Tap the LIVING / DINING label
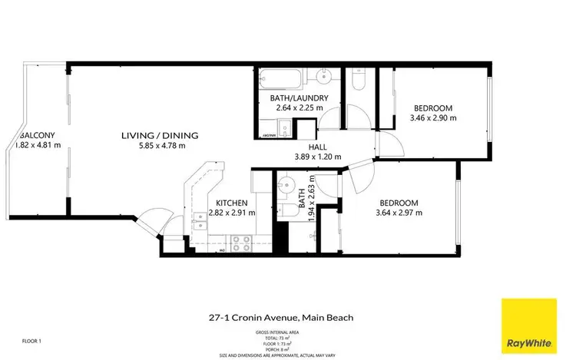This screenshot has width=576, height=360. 160,135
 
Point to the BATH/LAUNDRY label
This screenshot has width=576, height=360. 299,98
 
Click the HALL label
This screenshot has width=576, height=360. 319,147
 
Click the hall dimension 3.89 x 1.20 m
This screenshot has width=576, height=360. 319,157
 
